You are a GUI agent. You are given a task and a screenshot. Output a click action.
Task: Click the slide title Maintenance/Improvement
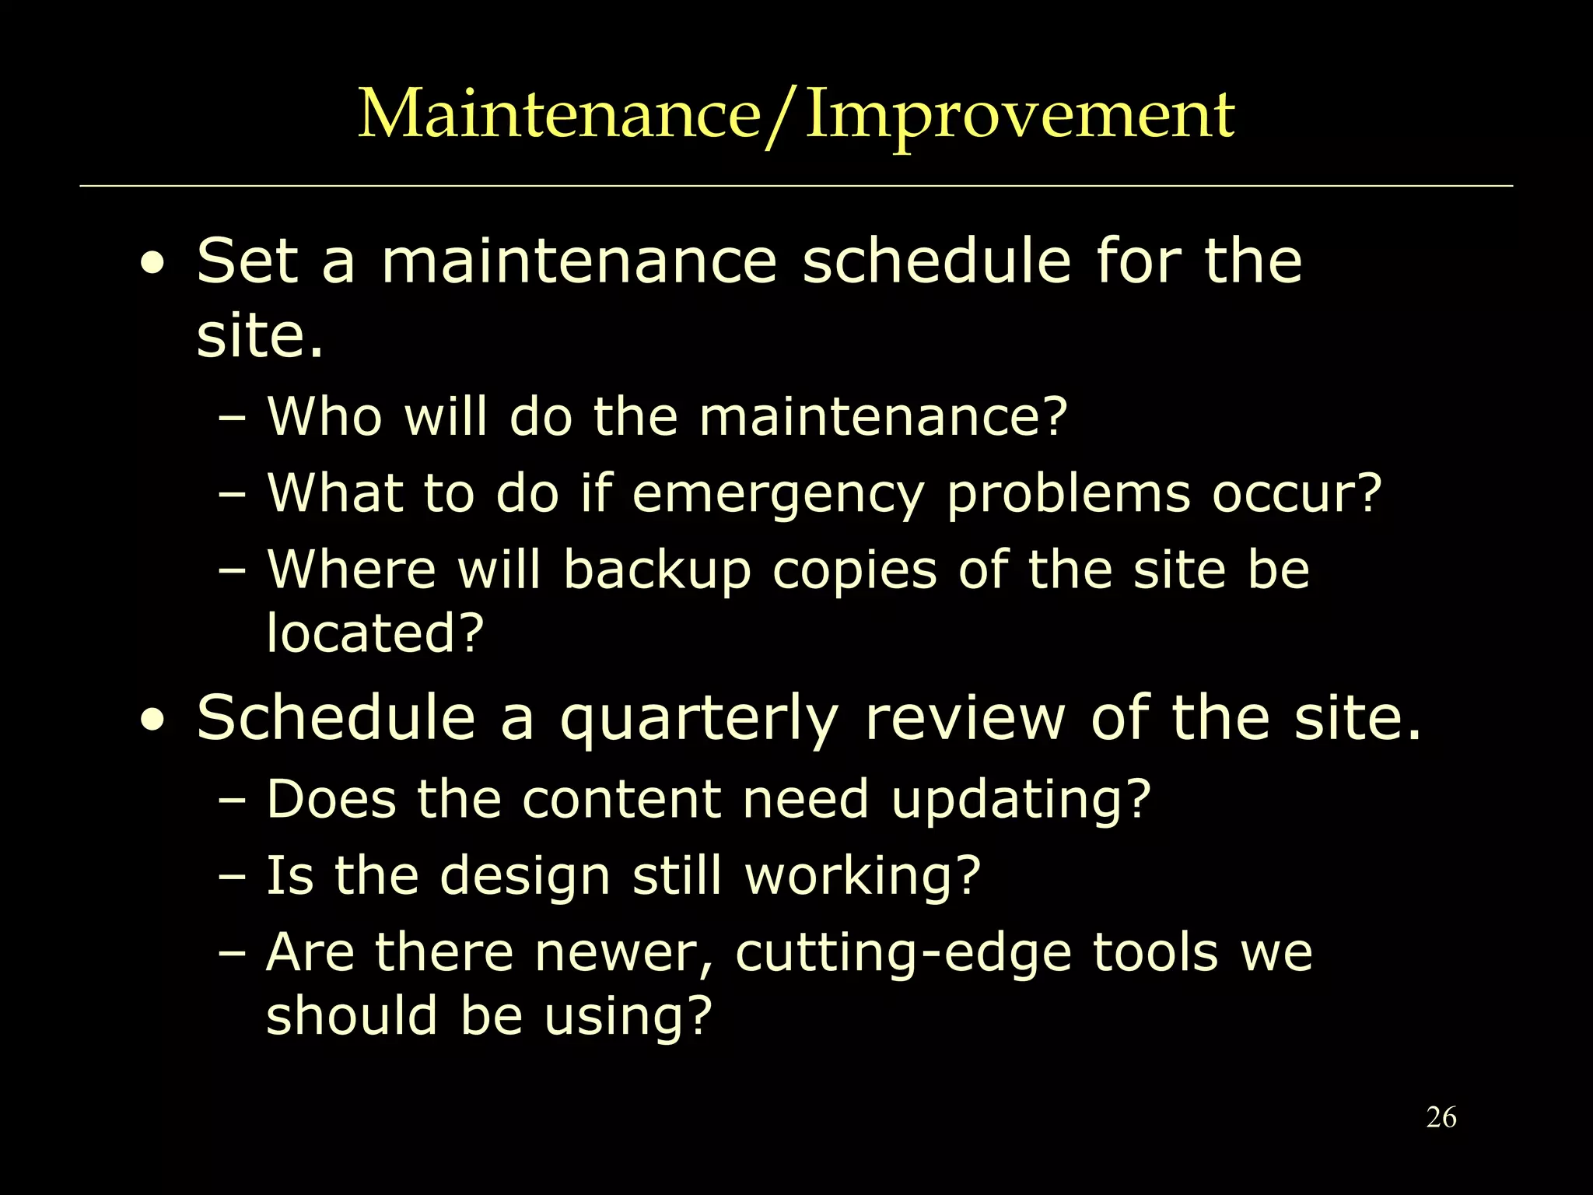click(x=796, y=115)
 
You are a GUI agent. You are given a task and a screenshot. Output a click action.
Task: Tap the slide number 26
click(x=1441, y=1118)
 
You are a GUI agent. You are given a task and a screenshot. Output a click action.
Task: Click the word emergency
click(x=778, y=495)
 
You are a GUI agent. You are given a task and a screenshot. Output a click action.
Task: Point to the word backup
click(x=657, y=571)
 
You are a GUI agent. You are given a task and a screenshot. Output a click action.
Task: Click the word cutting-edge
click(x=903, y=954)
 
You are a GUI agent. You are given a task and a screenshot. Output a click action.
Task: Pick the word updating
click(x=1020, y=800)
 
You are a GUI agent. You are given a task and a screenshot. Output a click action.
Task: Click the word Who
click(x=325, y=417)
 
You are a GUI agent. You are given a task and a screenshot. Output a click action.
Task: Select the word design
click(x=525, y=876)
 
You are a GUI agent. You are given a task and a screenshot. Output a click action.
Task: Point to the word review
click(x=965, y=718)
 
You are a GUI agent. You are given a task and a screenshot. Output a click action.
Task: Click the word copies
click(x=854, y=571)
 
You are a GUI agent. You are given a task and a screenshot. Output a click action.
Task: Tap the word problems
click(x=1069, y=495)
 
